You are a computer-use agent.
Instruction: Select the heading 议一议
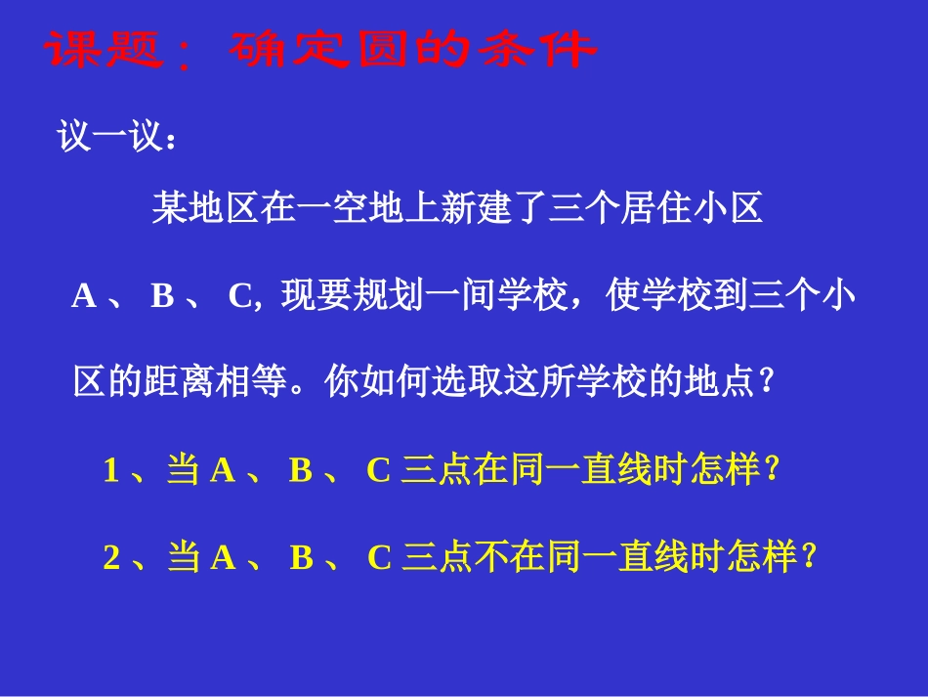107,136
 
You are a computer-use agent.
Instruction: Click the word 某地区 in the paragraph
203,208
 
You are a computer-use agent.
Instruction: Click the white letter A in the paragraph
84,296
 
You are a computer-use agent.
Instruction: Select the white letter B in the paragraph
162,296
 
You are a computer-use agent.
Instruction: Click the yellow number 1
111,471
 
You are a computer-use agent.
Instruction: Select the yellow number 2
111,558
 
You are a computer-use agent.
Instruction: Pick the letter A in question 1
223,471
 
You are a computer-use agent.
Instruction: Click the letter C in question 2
379,558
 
